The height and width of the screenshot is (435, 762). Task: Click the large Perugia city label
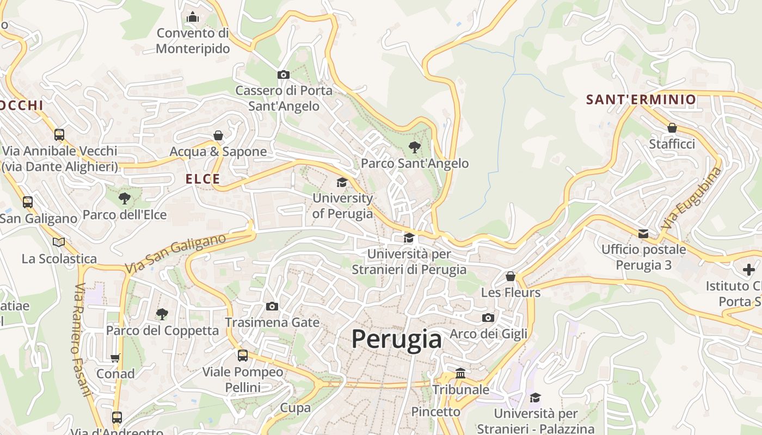click(x=396, y=339)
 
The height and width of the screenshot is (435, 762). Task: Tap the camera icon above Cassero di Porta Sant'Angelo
click(x=283, y=74)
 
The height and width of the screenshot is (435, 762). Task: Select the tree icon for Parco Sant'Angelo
click(x=415, y=147)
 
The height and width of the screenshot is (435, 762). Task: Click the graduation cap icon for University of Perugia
click(x=342, y=182)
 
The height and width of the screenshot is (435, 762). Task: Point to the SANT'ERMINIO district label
click(x=641, y=100)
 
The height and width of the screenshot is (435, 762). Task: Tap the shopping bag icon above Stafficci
click(x=672, y=128)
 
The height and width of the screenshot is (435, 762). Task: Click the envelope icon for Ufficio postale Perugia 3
click(x=643, y=233)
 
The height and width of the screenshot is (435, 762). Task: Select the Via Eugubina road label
click(x=692, y=197)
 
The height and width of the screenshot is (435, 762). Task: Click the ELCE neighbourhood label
click(x=202, y=179)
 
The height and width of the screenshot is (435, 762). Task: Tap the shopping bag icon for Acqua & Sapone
click(x=218, y=135)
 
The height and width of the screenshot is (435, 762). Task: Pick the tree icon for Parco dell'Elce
click(x=125, y=198)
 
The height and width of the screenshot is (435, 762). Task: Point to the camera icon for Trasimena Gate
click(x=272, y=306)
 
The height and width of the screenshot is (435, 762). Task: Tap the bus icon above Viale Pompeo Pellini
click(x=243, y=356)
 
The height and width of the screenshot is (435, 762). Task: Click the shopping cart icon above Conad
click(x=115, y=358)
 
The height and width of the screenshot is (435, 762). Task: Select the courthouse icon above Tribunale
click(x=460, y=373)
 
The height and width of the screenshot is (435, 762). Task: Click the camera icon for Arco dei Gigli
click(x=488, y=318)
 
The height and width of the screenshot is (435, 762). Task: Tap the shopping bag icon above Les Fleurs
click(x=511, y=276)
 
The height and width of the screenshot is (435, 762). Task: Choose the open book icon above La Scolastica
click(x=59, y=242)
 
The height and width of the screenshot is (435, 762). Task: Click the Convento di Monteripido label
click(x=193, y=41)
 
